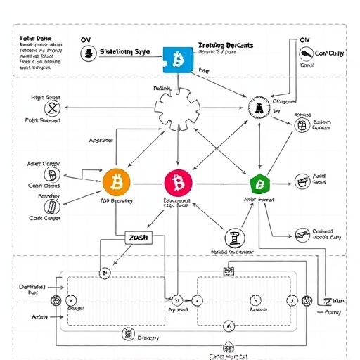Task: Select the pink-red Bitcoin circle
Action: click(x=177, y=183)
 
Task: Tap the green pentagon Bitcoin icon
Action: click(x=260, y=184)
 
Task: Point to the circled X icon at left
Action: click(x=51, y=108)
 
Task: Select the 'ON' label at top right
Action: click(x=304, y=40)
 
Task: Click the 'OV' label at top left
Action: click(x=86, y=40)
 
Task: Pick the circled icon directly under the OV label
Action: click(x=89, y=53)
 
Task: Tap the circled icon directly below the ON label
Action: click(x=303, y=53)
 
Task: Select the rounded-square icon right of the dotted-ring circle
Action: click(x=302, y=125)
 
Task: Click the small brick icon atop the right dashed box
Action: click(x=228, y=271)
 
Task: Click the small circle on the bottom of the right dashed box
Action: click(x=227, y=326)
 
